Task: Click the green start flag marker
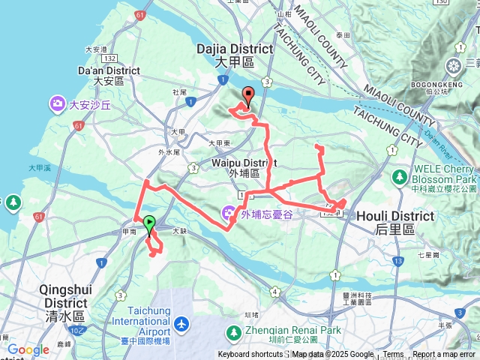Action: click(149, 223)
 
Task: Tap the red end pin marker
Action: click(247, 95)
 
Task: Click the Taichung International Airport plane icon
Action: click(181, 324)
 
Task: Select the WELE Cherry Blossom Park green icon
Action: click(399, 177)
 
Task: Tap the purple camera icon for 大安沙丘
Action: click(58, 103)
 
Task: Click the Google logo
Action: click(28, 349)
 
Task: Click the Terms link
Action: click(393, 355)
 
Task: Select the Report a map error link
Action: click(445, 355)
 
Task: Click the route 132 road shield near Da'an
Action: click(110, 58)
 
